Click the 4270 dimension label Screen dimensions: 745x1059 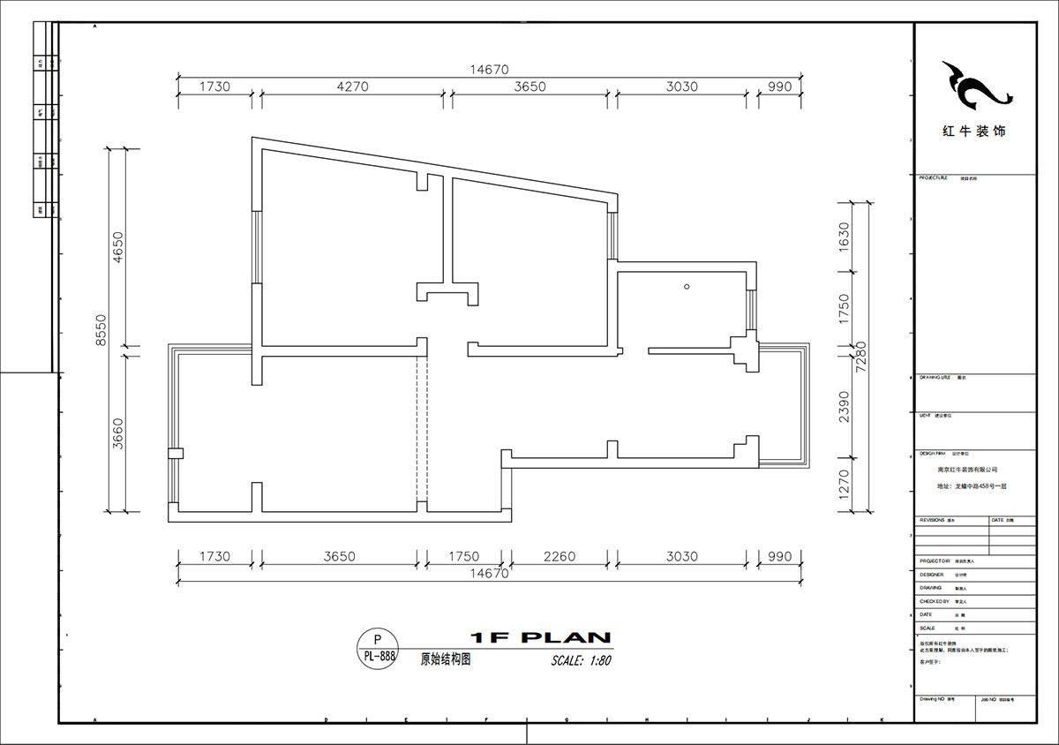pyautogui.click(x=352, y=87)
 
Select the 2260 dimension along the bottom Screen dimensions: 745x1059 pyautogui.click(x=559, y=557)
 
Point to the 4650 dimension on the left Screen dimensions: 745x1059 pyautogui.click(x=118, y=249)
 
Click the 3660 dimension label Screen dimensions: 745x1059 pyautogui.click(x=118, y=433)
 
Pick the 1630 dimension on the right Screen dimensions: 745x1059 pyautogui.click(x=844, y=236)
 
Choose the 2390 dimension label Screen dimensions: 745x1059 pyautogui.click(x=844, y=408)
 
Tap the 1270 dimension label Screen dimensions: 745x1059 pyautogui.click(x=844, y=485)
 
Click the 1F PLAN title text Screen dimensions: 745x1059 pyautogui.click(x=541, y=637)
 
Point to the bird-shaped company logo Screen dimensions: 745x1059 pyautogui.click(x=973, y=84)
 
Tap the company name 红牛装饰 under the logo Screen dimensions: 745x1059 pyautogui.click(x=973, y=132)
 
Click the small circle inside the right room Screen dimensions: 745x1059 pyautogui.click(x=686, y=286)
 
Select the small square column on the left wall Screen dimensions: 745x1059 pyautogui.click(x=176, y=454)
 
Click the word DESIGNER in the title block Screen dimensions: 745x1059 pyautogui.click(x=933, y=574)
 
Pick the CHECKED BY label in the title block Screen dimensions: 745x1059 pyautogui.click(x=935, y=601)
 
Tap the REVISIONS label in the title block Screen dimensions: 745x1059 pyautogui.click(x=933, y=521)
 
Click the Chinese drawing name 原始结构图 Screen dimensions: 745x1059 pyautogui.click(x=445, y=659)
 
